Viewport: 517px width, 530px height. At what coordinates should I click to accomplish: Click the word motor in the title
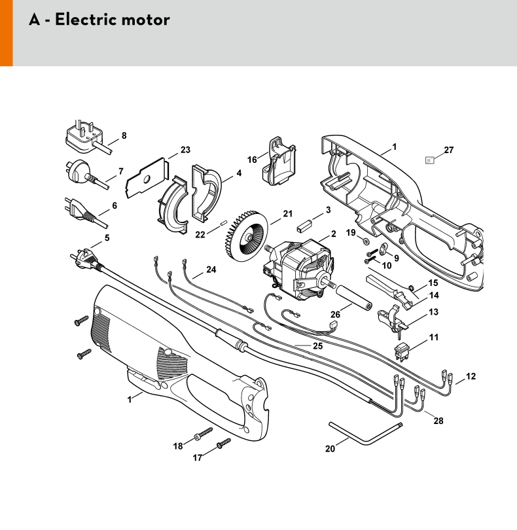pyautogui.click(x=145, y=20)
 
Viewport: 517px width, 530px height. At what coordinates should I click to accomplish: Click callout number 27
pyautogui.click(x=449, y=150)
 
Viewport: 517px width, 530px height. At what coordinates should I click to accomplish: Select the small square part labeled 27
pyautogui.click(x=429, y=160)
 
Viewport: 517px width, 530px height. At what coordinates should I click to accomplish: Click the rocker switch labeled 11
pyautogui.click(x=402, y=351)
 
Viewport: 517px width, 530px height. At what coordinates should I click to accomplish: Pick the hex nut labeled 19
pyautogui.click(x=365, y=241)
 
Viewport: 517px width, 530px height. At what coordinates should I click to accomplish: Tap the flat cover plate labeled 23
pyautogui.click(x=147, y=178)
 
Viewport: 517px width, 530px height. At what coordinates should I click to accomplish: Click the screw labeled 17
pyautogui.click(x=224, y=444)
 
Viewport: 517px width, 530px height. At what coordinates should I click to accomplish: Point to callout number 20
pyautogui.click(x=330, y=449)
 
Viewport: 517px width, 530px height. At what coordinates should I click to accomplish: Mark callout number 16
pyautogui.click(x=252, y=160)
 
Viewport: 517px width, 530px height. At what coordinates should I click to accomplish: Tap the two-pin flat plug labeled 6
pyautogui.click(x=85, y=212)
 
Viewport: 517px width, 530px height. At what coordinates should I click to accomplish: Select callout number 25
pyautogui.click(x=318, y=346)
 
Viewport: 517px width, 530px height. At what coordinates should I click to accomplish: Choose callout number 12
pyautogui.click(x=471, y=376)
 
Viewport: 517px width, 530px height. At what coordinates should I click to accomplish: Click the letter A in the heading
pyautogui.click(x=35, y=20)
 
